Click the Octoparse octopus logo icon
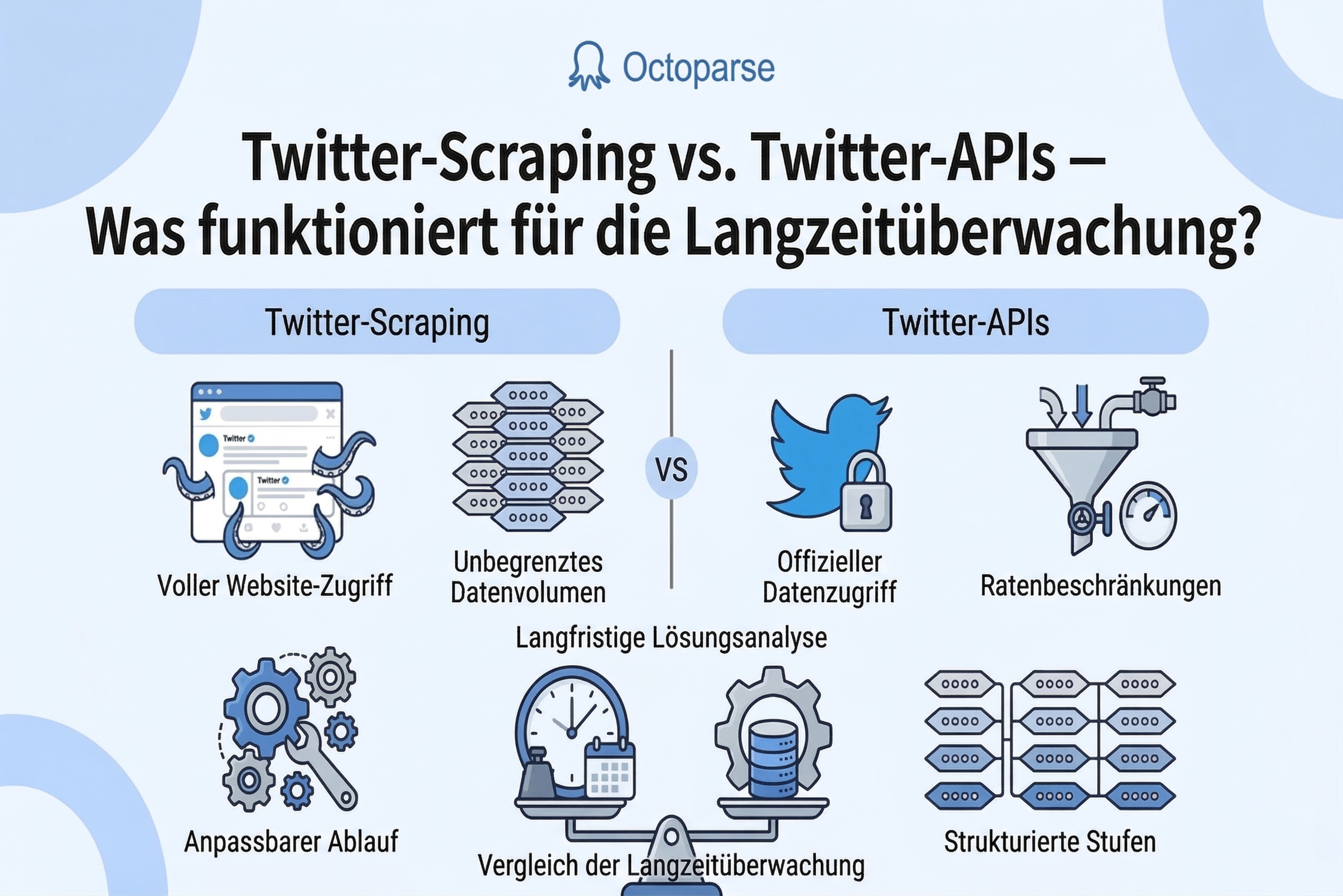tap(589, 66)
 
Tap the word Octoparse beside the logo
tap(698, 68)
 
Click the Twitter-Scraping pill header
tap(377, 322)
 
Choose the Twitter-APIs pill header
tap(965, 322)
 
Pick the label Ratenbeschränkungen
tap(1101, 586)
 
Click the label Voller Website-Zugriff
tap(275, 586)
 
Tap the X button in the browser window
tap(330, 413)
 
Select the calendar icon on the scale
tap(609, 770)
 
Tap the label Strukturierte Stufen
tap(1050, 842)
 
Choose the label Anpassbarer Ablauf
tap(291, 842)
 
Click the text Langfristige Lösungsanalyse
tap(671, 638)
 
